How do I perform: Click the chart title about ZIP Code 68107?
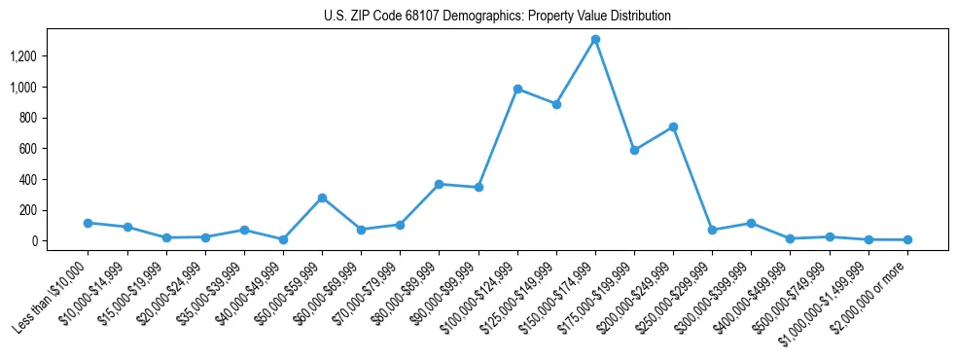(x=497, y=17)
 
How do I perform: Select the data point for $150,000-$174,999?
(x=595, y=40)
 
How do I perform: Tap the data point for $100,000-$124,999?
(x=517, y=89)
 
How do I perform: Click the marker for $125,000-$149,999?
(x=556, y=104)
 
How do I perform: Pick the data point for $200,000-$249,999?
(x=673, y=127)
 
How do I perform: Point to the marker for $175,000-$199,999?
(x=634, y=151)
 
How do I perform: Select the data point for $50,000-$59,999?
(x=322, y=198)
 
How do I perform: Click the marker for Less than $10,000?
(x=88, y=223)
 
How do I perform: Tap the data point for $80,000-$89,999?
(x=439, y=184)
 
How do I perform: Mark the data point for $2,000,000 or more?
(x=907, y=239)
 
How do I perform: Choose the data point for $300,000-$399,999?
(x=751, y=223)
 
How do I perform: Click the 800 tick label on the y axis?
(x=26, y=118)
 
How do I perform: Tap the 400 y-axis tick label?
(x=26, y=180)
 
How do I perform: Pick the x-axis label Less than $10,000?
(x=51, y=293)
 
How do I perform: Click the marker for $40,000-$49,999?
(x=283, y=239)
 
